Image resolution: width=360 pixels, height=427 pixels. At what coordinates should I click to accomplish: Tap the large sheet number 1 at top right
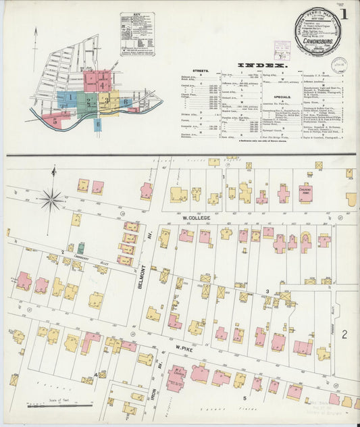(x=344, y=14)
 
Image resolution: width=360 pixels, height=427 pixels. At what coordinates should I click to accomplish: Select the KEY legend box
(x=137, y=33)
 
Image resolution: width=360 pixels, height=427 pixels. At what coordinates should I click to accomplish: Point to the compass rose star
(x=51, y=199)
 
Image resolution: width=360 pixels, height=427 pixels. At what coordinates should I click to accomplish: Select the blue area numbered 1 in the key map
(x=68, y=99)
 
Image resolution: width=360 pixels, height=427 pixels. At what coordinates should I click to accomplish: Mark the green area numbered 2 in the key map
(x=88, y=101)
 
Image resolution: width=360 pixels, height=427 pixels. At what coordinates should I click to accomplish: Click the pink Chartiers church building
(x=305, y=193)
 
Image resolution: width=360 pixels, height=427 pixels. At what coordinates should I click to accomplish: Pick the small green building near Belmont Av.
(x=81, y=248)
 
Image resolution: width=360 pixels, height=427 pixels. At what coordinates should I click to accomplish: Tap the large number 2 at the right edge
(x=344, y=334)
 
